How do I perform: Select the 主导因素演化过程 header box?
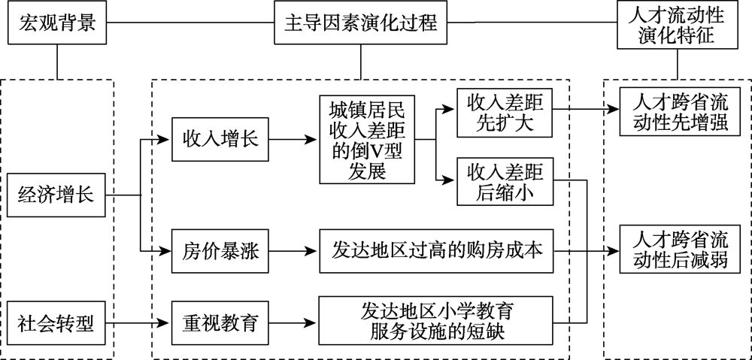(361, 24)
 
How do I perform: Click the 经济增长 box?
(56, 196)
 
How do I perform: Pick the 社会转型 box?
(56, 324)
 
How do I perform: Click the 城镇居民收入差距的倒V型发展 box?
(366, 139)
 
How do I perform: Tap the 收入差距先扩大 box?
(505, 112)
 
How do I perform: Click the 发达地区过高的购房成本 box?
(436, 251)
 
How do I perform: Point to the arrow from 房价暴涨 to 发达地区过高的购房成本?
(294, 251)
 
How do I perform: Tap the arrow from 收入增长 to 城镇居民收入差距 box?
(294, 139)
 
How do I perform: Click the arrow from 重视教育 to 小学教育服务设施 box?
(294, 324)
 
